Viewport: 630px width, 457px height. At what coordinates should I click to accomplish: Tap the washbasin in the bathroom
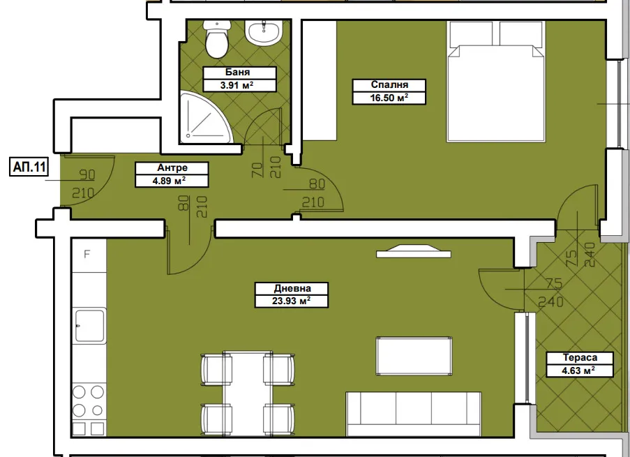click(x=264, y=33)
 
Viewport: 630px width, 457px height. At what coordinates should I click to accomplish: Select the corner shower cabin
click(x=205, y=118)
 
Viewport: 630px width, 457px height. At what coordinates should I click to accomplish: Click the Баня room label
click(x=237, y=73)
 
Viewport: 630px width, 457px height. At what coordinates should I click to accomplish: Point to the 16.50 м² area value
click(x=389, y=98)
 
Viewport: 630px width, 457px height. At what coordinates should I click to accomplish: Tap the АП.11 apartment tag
click(x=29, y=167)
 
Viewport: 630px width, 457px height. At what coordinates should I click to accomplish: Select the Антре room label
click(x=172, y=167)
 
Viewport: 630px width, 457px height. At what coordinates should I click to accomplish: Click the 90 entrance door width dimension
click(x=87, y=174)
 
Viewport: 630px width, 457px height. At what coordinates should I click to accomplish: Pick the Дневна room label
click(x=292, y=288)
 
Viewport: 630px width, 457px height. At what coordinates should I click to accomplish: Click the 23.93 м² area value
click(x=292, y=301)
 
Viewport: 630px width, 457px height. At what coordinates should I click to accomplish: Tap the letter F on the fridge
click(x=87, y=254)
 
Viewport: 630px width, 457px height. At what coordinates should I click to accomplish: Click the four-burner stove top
click(x=89, y=401)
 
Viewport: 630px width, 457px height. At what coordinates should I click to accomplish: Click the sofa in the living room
click(x=414, y=414)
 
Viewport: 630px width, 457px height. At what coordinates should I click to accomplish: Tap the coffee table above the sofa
click(x=414, y=356)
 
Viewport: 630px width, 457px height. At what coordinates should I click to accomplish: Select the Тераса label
click(x=580, y=357)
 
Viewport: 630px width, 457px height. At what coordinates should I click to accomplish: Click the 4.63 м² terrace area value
click(x=578, y=370)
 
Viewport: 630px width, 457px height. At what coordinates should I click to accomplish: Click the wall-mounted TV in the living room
click(x=414, y=251)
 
